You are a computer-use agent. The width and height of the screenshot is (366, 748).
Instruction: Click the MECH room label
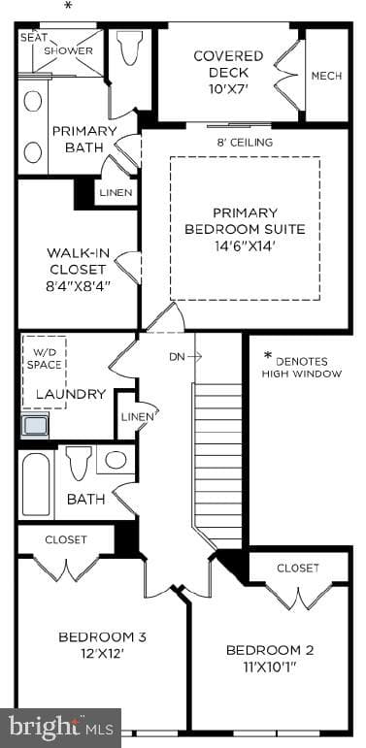pyautogui.click(x=326, y=76)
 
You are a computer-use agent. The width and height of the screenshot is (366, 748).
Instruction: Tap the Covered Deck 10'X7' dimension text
pyautogui.click(x=228, y=88)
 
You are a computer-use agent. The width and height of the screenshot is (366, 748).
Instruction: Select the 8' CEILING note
pyautogui.click(x=245, y=143)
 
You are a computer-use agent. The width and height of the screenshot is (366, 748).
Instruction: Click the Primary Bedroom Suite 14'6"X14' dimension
pyautogui.click(x=245, y=246)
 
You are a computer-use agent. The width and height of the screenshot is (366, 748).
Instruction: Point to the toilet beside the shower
pyautogui.click(x=129, y=48)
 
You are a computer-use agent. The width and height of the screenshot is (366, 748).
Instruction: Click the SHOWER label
pyautogui.click(x=68, y=51)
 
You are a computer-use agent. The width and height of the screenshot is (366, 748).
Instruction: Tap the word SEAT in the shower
pyautogui.click(x=33, y=37)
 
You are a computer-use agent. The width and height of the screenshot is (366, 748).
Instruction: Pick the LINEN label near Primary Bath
pyautogui.click(x=116, y=193)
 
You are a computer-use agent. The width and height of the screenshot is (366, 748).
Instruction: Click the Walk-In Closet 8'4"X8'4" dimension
pyautogui.click(x=78, y=286)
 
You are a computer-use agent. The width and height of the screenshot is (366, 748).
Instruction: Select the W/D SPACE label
pyautogui.click(x=44, y=359)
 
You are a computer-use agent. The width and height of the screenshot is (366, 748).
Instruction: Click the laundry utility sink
pyautogui.click(x=35, y=425)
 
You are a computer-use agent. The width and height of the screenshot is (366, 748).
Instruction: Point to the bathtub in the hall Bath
pyautogui.click(x=36, y=484)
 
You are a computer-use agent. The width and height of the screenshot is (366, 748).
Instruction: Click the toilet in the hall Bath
pyautogui.click(x=79, y=463)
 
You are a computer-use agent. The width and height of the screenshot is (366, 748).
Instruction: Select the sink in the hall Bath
pyautogui.click(x=116, y=460)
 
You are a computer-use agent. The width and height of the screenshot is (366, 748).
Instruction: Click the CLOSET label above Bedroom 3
pyautogui.click(x=66, y=539)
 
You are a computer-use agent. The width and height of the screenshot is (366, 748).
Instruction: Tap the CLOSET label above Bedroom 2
pyautogui.click(x=298, y=569)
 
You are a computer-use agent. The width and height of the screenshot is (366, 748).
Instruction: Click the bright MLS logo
pyautogui.click(x=61, y=728)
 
